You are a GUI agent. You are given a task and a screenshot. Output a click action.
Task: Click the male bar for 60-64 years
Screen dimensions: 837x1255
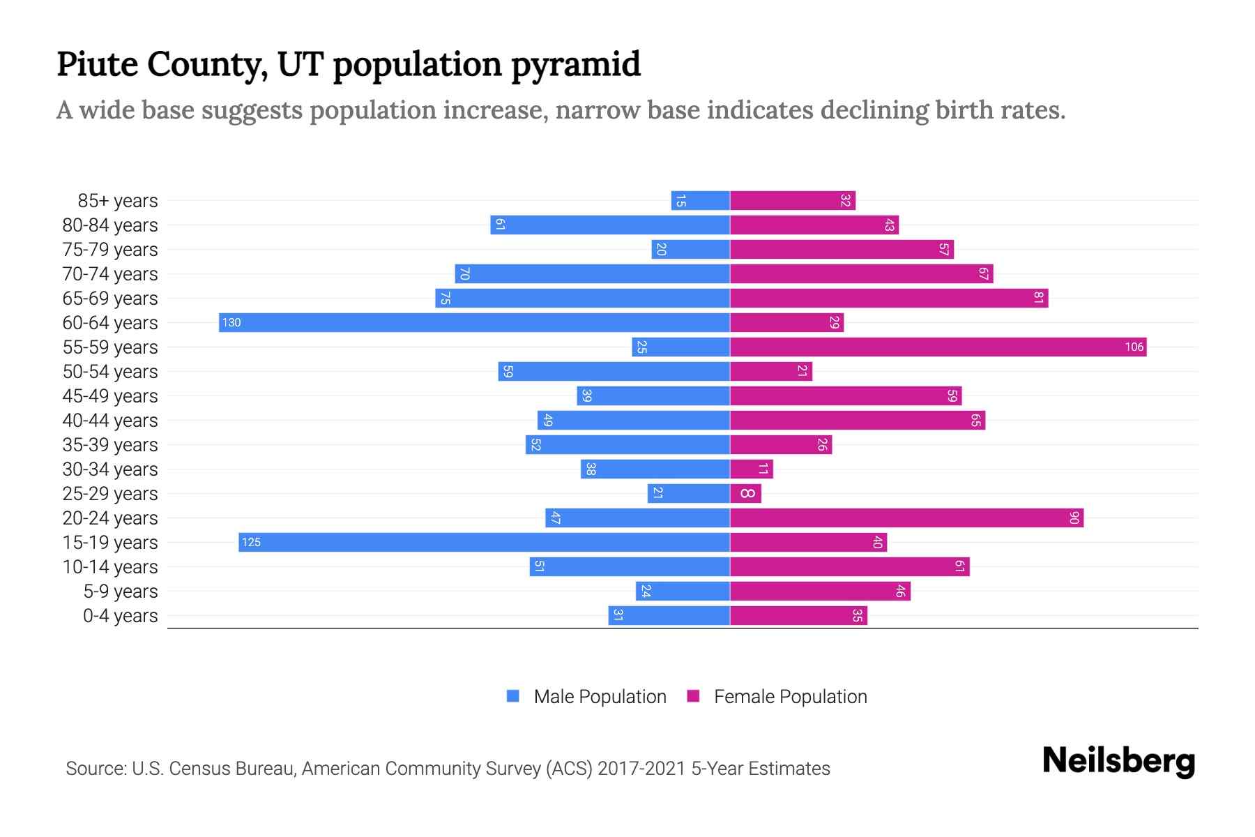point(474,323)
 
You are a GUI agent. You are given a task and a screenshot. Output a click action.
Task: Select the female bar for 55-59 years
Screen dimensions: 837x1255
point(938,347)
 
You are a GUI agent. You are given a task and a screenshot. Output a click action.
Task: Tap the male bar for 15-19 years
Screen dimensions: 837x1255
point(484,543)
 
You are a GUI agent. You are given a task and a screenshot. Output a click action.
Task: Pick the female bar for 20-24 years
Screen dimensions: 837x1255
point(906,518)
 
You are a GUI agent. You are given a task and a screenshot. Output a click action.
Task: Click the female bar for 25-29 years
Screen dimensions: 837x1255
point(745,494)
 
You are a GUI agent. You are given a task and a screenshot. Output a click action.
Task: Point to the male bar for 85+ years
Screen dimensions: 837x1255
point(700,201)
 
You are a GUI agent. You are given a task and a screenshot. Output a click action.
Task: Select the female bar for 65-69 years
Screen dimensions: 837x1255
point(889,299)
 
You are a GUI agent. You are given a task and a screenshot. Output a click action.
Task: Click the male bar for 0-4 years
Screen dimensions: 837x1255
point(669,616)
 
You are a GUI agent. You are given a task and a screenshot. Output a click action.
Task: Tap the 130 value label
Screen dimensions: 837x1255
point(231,323)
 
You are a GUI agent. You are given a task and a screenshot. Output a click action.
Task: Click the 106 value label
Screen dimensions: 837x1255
point(1134,347)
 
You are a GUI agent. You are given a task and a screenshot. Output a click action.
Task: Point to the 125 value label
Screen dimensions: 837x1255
point(251,543)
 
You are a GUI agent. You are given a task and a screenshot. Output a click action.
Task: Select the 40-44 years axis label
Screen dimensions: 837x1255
point(110,421)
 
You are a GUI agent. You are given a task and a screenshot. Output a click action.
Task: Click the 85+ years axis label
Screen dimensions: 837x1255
point(118,201)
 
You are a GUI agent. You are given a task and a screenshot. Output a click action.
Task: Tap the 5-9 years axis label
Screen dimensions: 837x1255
point(121,591)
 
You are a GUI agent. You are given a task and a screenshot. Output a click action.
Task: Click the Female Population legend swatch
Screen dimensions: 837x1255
point(693,696)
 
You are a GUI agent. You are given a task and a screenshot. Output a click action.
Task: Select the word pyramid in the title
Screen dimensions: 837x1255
point(575,65)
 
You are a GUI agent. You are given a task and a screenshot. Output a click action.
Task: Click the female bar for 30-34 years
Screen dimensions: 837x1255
point(751,469)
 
